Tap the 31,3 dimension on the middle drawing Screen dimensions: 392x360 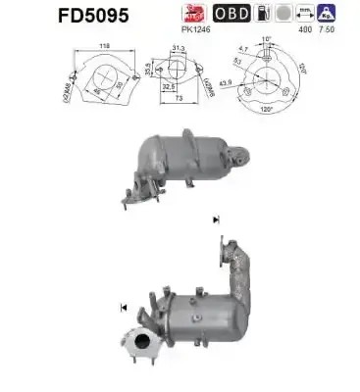[x=178, y=50]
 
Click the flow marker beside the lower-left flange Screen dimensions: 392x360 [x=124, y=309]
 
